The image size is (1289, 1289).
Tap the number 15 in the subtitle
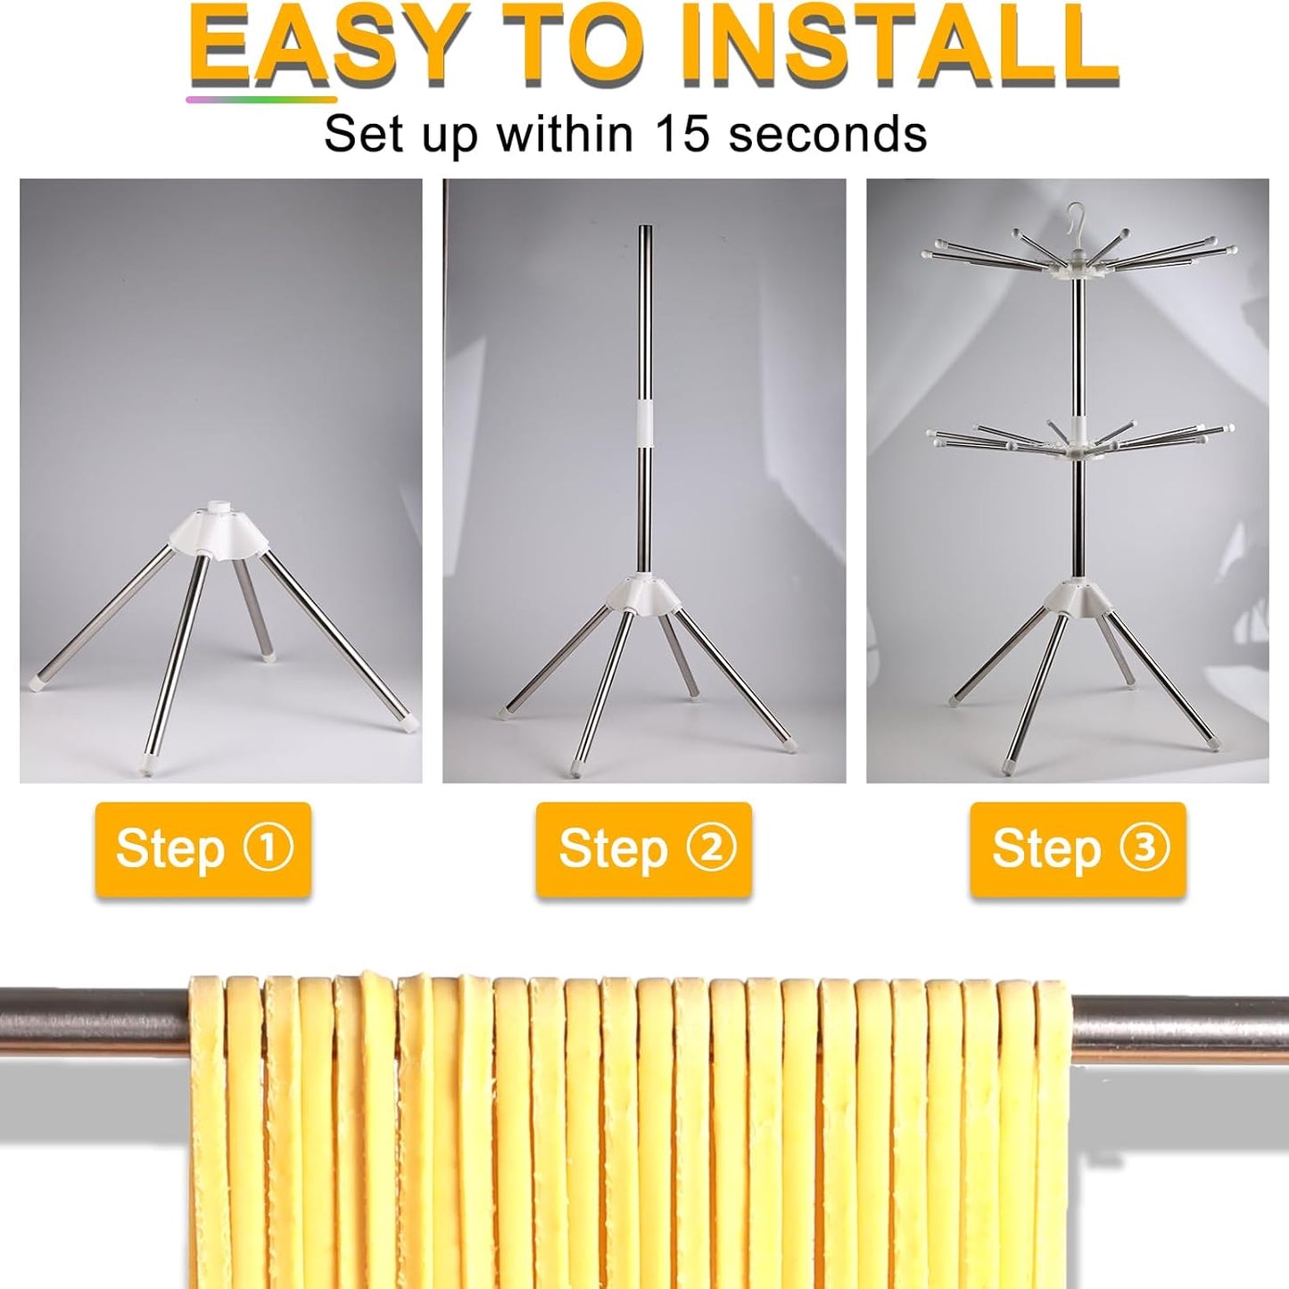click(x=682, y=134)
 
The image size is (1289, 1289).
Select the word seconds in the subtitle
click(x=828, y=134)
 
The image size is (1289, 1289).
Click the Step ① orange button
click(x=203, y=848)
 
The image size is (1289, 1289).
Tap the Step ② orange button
click(x=644, y=848)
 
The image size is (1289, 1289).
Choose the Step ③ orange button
click(x=1078, y=848)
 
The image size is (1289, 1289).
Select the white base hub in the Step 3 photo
click(x=1078, y=599)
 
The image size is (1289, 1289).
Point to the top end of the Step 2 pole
click(x=643, y=230)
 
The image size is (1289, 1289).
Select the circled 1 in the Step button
click(x=269, y=846)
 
